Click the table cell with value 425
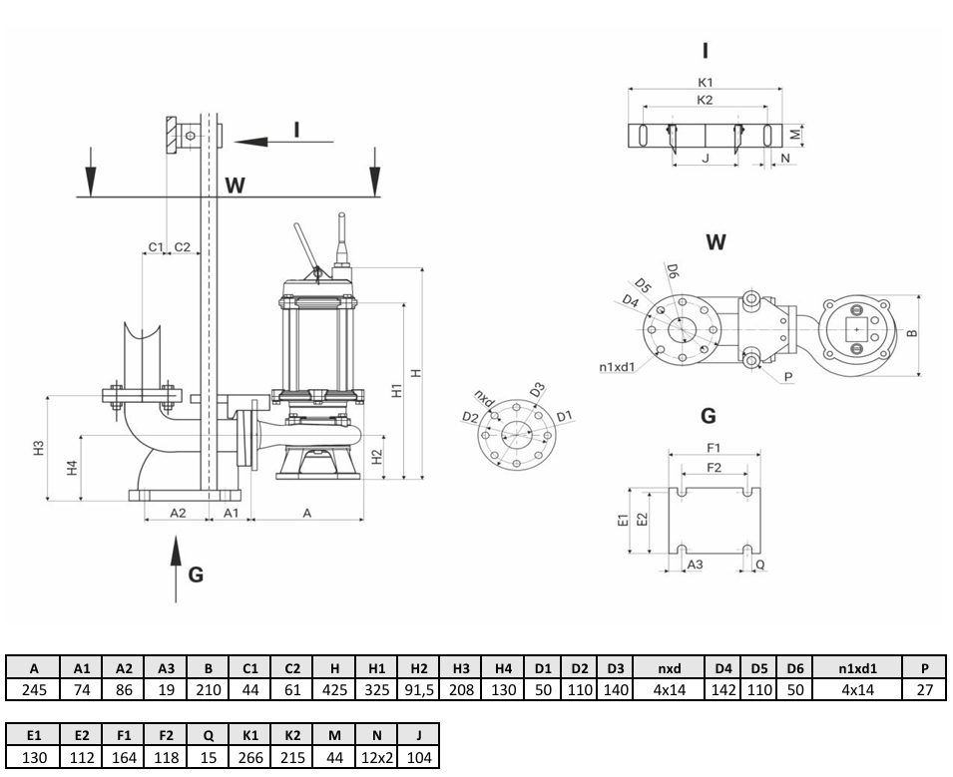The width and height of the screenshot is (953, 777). pos(335,689)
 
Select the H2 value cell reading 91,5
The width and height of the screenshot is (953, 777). pos(419,689)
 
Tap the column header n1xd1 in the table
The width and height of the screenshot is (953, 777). pos(857,668)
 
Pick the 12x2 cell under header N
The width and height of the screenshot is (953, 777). pos(377,757)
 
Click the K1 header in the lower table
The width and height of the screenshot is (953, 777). pos(250,735)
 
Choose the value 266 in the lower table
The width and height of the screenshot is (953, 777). pos(250,757)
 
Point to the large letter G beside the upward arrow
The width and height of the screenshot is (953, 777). pos(196,575)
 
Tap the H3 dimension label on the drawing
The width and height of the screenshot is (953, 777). pos(39,448)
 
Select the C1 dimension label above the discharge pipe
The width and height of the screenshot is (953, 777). pos(156,246)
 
